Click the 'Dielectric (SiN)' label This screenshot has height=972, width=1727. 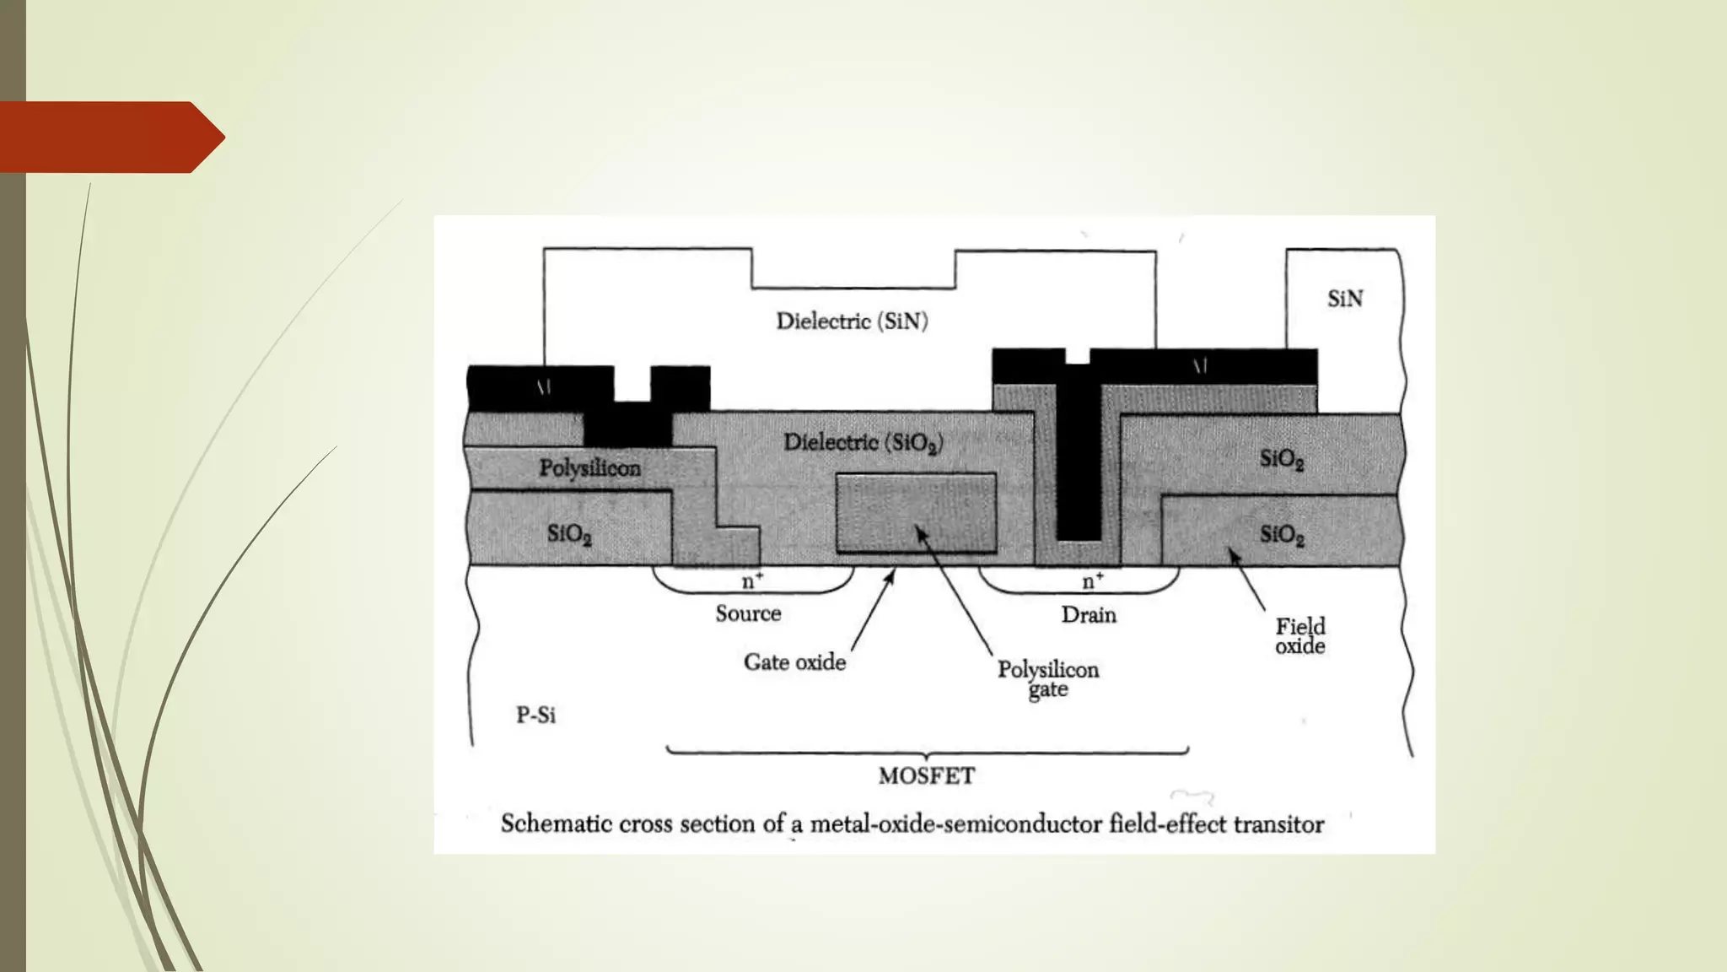[852, 321]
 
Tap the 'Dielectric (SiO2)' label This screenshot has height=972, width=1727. [863, 443]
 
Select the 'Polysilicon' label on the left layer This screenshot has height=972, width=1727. [589, 468]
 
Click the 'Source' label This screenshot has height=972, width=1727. [748, 613]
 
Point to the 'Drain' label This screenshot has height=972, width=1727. [1088, 615]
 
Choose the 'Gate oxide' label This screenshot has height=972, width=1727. [794, 662]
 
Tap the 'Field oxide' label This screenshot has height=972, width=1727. [1299, 636]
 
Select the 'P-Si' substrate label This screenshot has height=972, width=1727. [535, 715]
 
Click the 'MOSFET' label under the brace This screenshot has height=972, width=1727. [926, 776]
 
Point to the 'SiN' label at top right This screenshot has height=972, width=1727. [1344, 299]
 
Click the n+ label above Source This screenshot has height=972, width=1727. [752, 581]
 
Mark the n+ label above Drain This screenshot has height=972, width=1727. [1093, 581]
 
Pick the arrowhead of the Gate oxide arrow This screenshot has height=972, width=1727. [889, 575]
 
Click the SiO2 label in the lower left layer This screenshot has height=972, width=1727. [569, 534]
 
